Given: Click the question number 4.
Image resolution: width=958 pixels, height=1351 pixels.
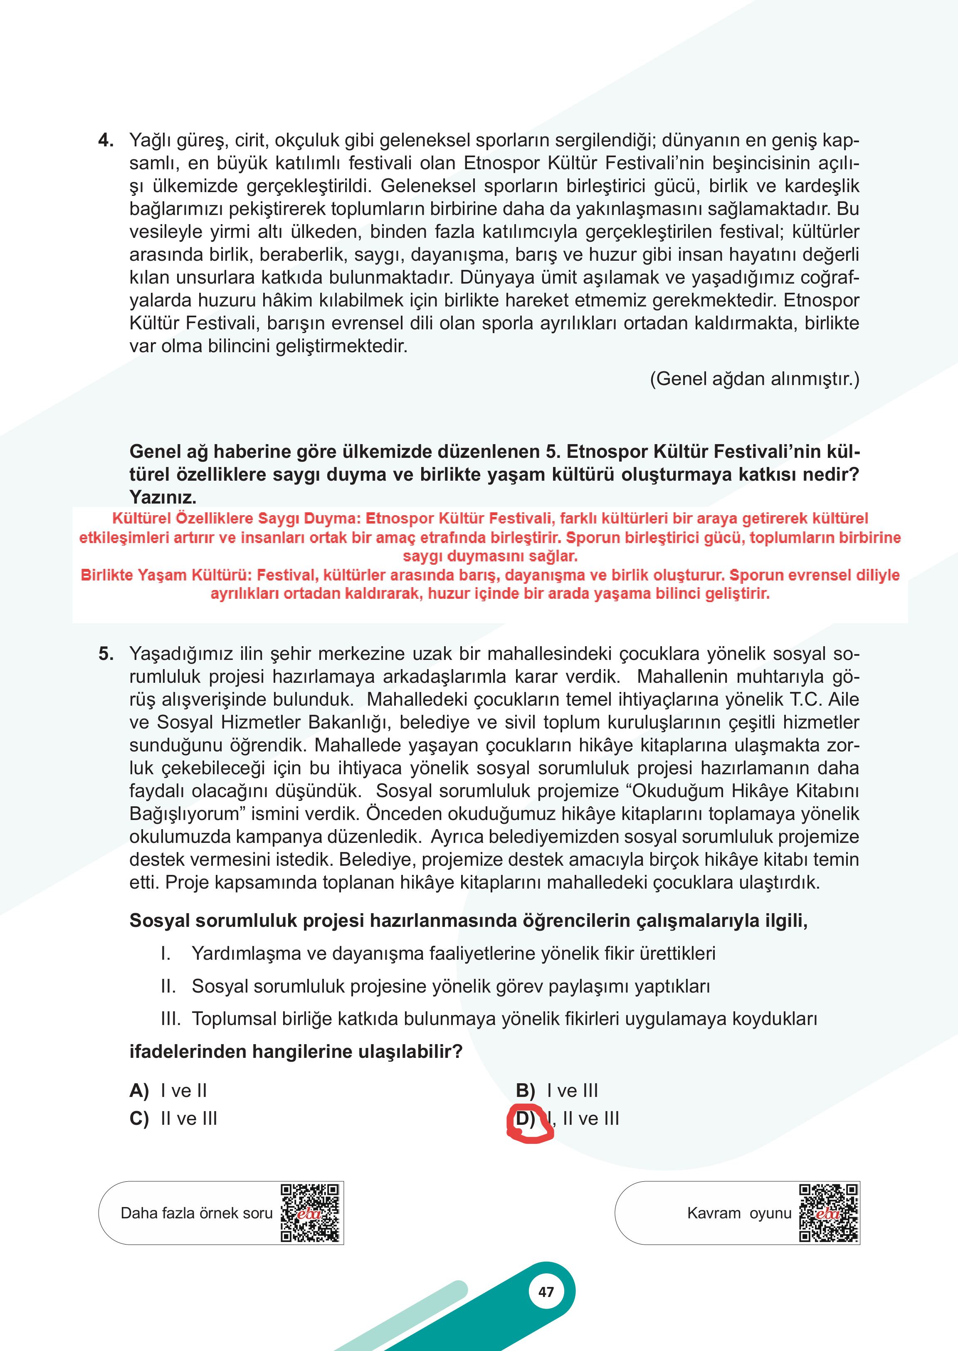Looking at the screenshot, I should (x=106, y=141).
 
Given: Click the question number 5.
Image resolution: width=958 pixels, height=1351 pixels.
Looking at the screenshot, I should (x=106, y=654).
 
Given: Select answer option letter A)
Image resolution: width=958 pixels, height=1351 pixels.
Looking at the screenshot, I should (x=139, y=1091).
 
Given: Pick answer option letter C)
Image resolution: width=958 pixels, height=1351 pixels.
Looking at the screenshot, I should (x=139, y=1119).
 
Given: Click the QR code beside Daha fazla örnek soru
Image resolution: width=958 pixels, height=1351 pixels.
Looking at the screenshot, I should (x=310, y=1213).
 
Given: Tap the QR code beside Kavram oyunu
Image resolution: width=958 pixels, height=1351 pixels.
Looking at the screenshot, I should (x=828, y=1213).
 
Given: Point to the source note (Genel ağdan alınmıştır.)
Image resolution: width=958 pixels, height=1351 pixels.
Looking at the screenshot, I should (x=755, y=379).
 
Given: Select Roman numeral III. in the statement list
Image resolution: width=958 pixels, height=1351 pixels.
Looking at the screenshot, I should (x=170, y=1019).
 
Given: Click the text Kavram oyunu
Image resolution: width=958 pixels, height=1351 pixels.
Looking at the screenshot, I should (x=739, y=1213).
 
